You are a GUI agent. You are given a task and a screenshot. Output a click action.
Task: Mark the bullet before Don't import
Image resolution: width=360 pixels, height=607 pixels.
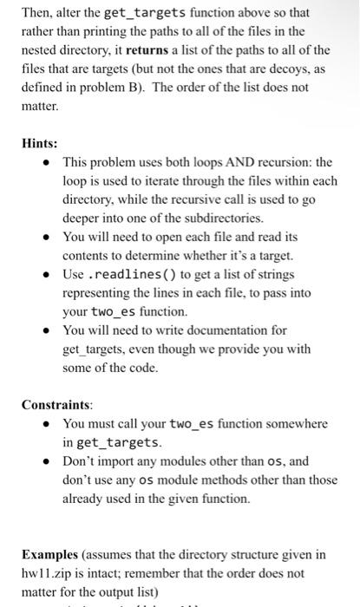point(49,461)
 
